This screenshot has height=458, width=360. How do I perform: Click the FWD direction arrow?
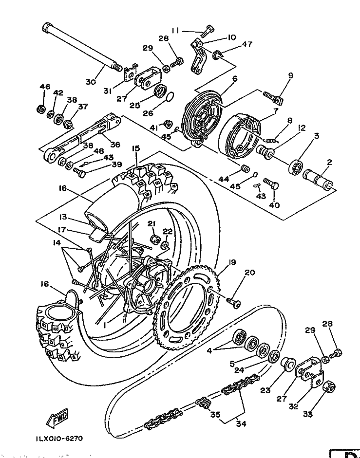point(57,420)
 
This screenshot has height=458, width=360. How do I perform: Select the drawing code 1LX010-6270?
point(59,439)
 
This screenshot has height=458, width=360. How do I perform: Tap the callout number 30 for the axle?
point(91,81)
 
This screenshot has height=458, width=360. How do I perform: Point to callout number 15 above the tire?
point(136,148)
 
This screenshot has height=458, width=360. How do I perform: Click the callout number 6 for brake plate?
point(234,79)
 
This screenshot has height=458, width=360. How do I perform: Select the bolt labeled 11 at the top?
point(208,31)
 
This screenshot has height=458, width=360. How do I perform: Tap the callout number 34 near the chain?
point(241,423)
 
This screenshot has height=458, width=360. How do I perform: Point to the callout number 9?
point(290,75)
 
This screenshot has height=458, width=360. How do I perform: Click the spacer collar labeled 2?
point(318,178)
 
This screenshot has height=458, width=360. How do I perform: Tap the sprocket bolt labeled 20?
point(233,302)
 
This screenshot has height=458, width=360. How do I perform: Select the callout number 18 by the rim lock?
point(45,284)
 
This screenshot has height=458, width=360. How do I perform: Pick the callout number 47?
point(247,44)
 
